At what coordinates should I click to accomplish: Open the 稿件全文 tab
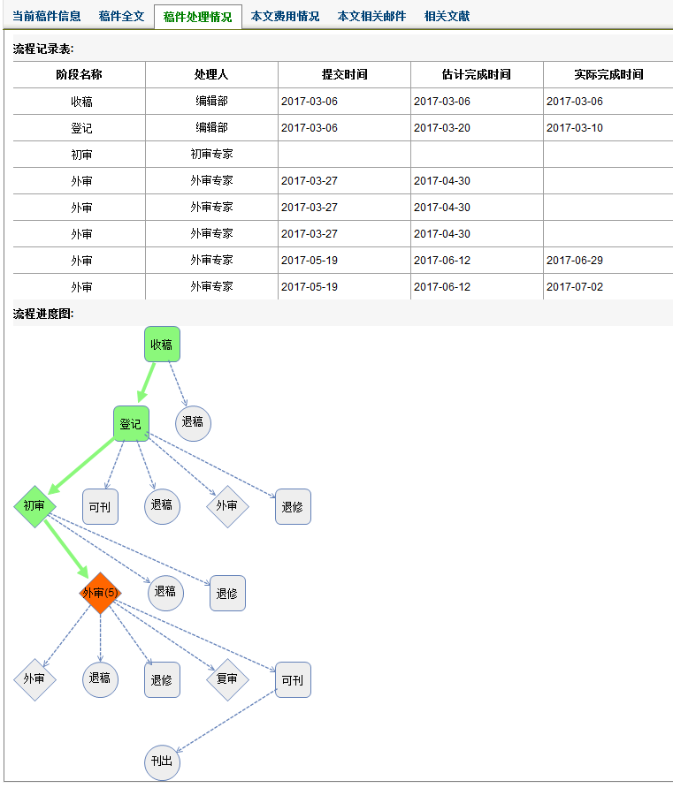click(x=122, y=16)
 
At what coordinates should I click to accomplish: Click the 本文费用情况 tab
click(x=285, y=16)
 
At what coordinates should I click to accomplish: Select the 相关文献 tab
click(x=447, y=16)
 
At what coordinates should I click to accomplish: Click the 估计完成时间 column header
click(x=477, y=74)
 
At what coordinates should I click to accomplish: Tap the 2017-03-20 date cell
click(x=442, y=127)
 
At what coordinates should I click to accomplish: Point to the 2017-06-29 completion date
click(x=575, y=261)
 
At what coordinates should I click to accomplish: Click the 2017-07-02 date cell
click(x=575, y=287)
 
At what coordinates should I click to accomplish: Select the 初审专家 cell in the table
click(x=211, y=154)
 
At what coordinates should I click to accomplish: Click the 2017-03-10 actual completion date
click(x=575, y=127)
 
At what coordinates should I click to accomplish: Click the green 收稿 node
click(x=162, y=345)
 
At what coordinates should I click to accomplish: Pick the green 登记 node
click(x=131, y=424)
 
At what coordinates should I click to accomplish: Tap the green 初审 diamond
click(x=34, y=506)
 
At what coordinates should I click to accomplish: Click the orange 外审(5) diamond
click(x=100, y=593)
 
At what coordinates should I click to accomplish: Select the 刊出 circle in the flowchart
click(x=162, y=762)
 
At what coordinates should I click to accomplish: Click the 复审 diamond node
click(x=227, y=679)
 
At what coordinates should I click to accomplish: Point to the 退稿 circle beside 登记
click(x=193, y=423)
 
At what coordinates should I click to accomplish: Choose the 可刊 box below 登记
click(x=100, y=506)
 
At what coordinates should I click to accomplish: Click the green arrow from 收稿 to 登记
click(x=147, y=383)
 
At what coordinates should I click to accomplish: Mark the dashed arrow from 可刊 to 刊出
click(x=226, y=721)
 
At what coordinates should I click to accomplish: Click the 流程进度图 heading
click(x=43, y=314)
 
